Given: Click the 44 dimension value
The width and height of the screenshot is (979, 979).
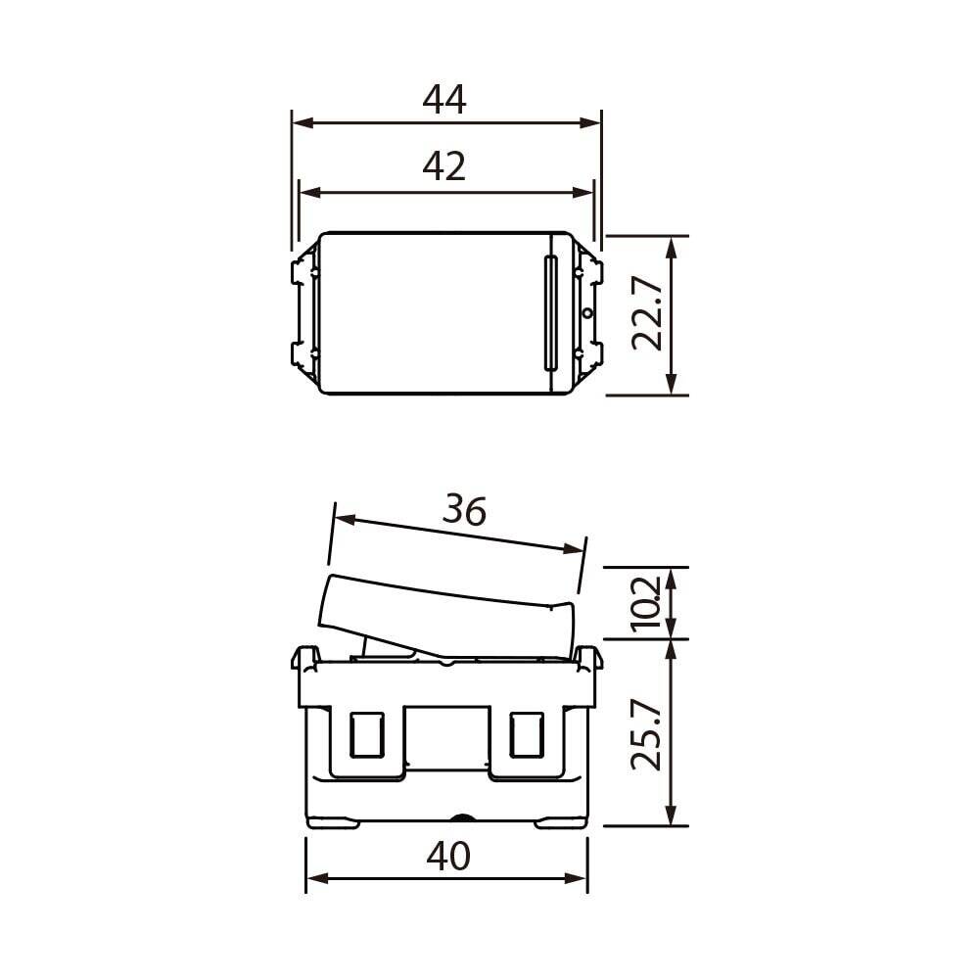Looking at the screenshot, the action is [443, 100].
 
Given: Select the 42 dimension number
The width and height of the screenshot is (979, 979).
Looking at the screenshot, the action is [443, 166].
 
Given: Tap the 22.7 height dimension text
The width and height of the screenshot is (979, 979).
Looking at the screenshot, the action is [646, 314].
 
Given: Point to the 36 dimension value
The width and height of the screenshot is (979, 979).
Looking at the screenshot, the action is [464, 510].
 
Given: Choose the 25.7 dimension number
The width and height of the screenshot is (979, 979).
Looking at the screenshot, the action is [646, 735].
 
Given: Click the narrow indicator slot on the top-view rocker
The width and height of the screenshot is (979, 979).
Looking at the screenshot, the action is [550, 313].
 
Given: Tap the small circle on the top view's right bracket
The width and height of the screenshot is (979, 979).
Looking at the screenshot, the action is [586, 313].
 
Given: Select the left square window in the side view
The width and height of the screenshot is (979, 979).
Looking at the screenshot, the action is [366, 735].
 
